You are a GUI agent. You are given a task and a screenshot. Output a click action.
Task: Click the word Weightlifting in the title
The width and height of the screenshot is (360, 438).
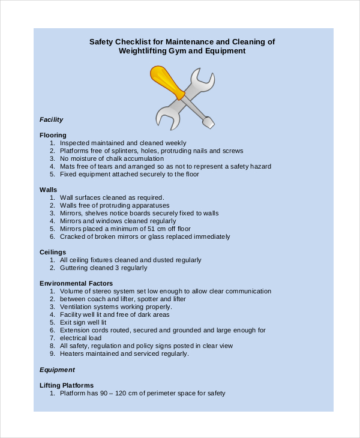(x=144, y=51)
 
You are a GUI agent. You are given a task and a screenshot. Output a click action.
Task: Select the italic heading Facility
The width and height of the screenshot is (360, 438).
(x=51, y=119)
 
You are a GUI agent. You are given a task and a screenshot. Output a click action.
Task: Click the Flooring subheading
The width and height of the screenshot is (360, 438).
(x=53, y=135)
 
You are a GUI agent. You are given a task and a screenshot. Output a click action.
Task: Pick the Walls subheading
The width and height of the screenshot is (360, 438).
(x=48, y=190)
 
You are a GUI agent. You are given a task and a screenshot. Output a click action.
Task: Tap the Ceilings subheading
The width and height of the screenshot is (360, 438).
(x=53, y=252)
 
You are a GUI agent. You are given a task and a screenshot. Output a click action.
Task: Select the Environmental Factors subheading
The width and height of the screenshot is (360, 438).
(x=76, y=283)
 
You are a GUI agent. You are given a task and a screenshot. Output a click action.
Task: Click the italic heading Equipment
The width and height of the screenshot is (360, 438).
(x=57, y=370)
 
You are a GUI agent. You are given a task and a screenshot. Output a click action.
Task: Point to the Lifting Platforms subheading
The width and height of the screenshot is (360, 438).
(x=67, y=385)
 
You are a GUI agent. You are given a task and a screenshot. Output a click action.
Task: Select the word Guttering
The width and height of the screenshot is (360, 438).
(x=75, y=268)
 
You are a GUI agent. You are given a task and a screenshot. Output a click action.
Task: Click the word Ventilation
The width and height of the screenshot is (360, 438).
(x=76, y=307)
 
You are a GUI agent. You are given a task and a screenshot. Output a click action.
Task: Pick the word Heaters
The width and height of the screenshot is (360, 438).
(x=72, y=353)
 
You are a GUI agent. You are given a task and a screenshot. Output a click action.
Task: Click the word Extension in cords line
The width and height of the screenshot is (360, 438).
(x=75, y=330)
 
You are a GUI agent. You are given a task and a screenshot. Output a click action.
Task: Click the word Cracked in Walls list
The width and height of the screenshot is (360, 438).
(x=73, y=236)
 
